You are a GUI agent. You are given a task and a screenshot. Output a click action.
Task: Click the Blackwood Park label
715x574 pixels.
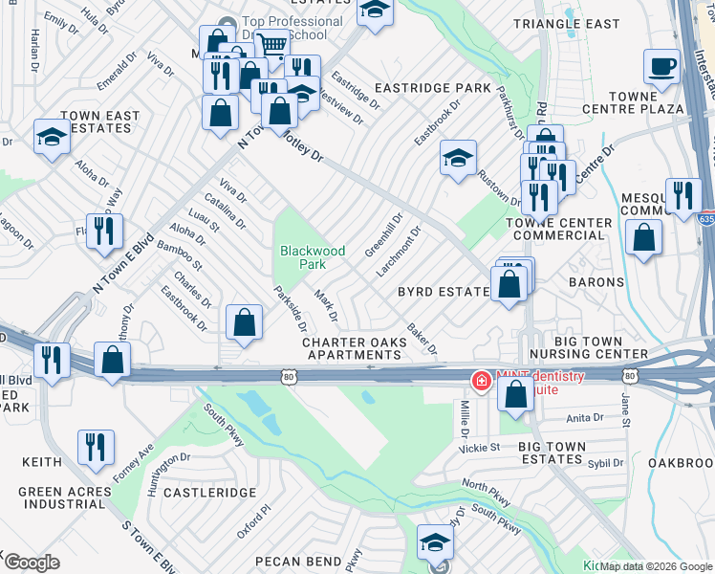coord(312,256)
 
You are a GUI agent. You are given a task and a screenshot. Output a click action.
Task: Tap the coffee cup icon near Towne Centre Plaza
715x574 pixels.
coord(661,68)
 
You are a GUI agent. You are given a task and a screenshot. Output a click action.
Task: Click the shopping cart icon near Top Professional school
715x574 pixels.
coord(273,44)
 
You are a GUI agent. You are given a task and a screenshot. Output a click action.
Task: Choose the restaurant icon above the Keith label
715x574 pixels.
coord(96,448)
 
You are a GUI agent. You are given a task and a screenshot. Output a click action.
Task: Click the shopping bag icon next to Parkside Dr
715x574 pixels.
coord(245,321)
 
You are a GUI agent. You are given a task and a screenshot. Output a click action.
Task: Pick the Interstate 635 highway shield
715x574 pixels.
coord(705,219)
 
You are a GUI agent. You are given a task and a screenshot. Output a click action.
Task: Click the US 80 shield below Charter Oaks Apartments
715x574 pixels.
coord(288,378)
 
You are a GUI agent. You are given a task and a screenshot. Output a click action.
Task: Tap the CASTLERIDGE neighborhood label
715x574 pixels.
coord(209,492)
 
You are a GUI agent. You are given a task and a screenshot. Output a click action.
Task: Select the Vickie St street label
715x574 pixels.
coord(480,447)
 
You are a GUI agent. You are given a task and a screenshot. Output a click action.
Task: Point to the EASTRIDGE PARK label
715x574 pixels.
coord(432,88)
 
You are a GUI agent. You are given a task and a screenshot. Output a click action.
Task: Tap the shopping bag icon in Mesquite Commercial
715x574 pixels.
coord(644,239)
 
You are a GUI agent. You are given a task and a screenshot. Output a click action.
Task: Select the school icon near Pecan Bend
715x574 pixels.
coord(435,542)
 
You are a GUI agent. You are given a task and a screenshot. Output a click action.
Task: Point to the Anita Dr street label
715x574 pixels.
coord(584,417)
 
